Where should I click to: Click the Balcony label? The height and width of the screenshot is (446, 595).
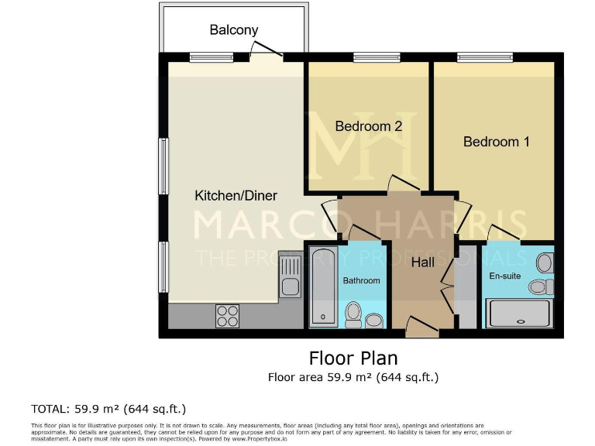tap(233, 30)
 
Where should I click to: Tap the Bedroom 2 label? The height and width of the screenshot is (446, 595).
tap(368, 126)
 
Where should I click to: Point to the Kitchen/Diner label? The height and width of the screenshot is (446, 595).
tap(236, 196)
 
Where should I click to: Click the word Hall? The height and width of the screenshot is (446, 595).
tap(423, 263)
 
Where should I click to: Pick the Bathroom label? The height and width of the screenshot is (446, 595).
tap(362, 280)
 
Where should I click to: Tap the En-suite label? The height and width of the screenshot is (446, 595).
tap(504, 274)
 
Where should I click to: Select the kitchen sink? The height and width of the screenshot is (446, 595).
tap(291, 277)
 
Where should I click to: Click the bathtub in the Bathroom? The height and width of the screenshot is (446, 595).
tap(322, 286)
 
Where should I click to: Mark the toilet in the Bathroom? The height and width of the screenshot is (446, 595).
tap(354, 314)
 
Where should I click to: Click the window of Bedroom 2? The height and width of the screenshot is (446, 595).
tap(376, 57)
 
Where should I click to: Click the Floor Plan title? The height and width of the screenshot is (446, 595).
tap(353, 359)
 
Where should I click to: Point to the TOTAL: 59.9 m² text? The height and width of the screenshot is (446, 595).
tap(108, 408)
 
